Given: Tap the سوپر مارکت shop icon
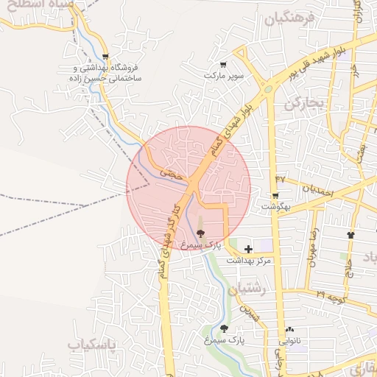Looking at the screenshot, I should [x=223, y=65].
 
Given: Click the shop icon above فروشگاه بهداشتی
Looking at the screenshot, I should [x=108, y=56].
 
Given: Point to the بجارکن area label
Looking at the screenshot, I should [x=306, y=104].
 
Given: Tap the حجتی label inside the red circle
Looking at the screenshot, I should [x=170, y=174].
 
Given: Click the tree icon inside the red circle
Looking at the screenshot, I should [x=200, y=232].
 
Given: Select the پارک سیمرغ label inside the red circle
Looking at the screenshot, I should [x=201, y=244].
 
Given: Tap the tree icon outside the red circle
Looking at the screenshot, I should [x=224, y=328].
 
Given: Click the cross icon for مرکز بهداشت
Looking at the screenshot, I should [x=249, y=250].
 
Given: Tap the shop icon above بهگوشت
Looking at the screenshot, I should [x=275, y=196].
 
